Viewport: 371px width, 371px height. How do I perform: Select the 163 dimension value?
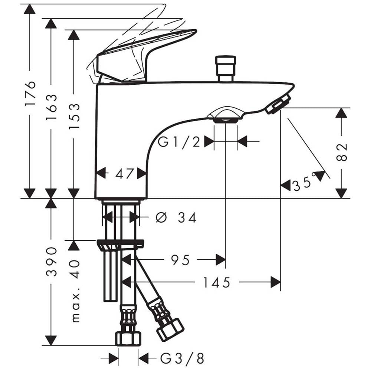coord(51,107)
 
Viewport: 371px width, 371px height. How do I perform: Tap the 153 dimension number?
coord(74,116)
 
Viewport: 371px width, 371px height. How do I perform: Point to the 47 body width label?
coord(124,174)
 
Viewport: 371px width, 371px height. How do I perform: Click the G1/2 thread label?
coord(179,142)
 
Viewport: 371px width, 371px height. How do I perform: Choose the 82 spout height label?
coord(341,152)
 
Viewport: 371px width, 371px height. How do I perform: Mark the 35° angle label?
coord(305,182)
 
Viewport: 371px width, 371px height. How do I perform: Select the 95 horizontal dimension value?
coord(180,260)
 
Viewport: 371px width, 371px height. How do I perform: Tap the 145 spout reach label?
coord(217,282)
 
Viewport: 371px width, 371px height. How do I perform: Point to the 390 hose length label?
coord(51,262)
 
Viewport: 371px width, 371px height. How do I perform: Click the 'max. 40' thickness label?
coord(75,291)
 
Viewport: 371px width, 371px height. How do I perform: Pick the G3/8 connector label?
coord(182,358)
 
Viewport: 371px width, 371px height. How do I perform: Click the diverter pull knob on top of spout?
coord(226,69)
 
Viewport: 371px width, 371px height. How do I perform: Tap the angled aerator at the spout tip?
coord(278,104)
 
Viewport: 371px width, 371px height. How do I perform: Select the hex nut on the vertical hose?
coord(128,339)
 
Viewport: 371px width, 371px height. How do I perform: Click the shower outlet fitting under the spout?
coord(225,116)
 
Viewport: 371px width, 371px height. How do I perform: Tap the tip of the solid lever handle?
coord(196,31)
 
